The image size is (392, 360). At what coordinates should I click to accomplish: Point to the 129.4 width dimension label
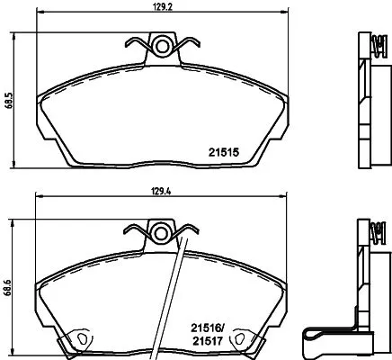(164, 192)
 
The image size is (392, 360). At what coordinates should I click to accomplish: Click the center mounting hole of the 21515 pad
(163, 45)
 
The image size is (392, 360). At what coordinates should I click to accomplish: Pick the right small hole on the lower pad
(243, 339)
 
